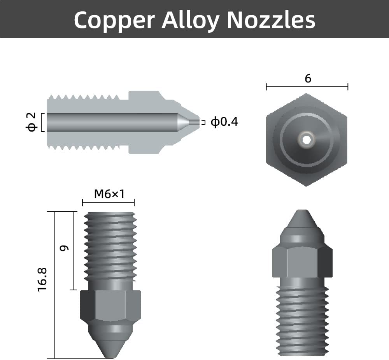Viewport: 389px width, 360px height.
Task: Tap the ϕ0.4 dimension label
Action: (x=224, y=122)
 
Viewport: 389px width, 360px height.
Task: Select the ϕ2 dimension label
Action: (x=32, y=122)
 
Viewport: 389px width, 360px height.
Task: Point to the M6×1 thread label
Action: (x=109, y=193)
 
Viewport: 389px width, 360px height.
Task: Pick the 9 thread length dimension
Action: (x=65, y=248)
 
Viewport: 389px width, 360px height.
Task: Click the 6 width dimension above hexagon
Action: (x=308, y=79)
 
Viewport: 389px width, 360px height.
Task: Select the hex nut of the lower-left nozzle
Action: (x=110, y=305)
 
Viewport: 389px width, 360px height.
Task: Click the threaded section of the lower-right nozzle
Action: (x=302, y=319)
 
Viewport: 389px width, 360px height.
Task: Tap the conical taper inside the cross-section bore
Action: (x=183, y=122)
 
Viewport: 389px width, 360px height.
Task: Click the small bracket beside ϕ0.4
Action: (x=203, y=122)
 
